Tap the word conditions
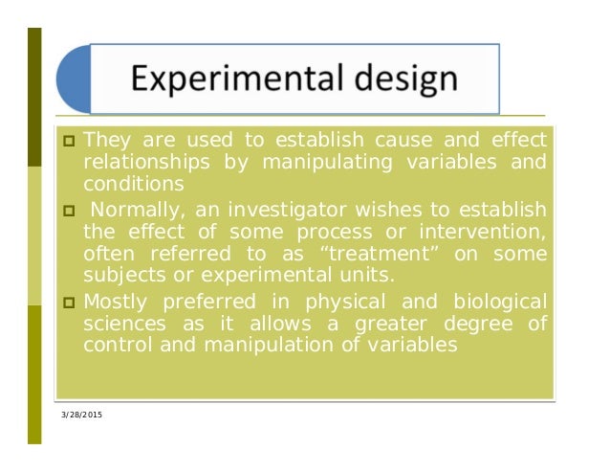[x=132, y=184]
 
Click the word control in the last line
[x=115, y=346]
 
